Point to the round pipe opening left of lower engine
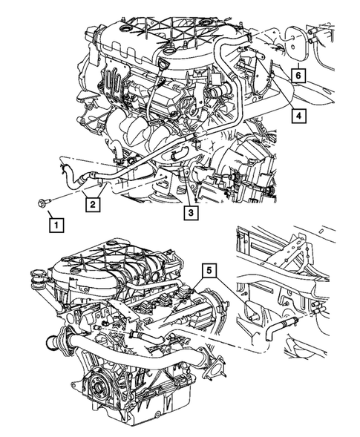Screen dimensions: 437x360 point(52,343)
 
